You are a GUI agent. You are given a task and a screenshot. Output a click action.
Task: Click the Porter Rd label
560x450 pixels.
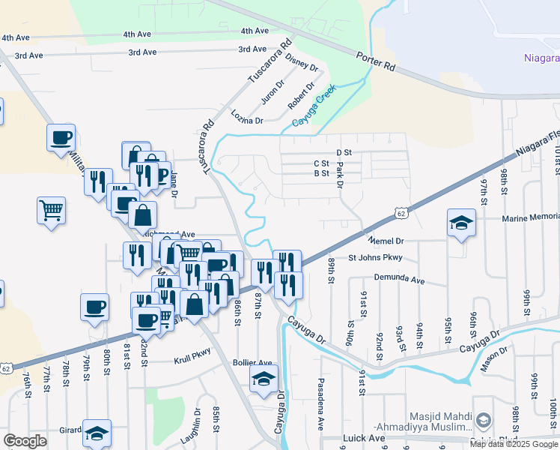(377, 61)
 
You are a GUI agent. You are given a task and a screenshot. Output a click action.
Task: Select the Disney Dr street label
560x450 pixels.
(302, 61)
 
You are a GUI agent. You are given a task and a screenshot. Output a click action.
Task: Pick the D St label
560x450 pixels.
(344, 152)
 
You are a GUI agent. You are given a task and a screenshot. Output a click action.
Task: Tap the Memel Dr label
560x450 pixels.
(386, 241)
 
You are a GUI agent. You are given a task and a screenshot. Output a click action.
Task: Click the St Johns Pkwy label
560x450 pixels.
(375, 258)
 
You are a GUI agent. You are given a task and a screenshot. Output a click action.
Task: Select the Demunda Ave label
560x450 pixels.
(398, 280)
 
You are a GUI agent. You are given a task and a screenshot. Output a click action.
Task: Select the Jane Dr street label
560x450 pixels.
(174, 184)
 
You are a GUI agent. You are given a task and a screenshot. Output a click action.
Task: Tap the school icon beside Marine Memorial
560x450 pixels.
(461, 223)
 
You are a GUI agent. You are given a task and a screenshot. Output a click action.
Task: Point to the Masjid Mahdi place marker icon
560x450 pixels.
(484, 420)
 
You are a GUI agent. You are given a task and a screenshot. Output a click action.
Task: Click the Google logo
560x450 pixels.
(25, 440)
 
